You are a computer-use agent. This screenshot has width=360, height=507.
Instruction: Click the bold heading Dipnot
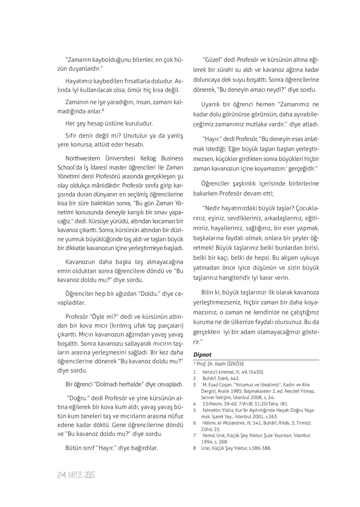[x=202, y=355]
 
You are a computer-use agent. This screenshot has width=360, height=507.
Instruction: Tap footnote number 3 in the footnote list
[x=195, y=385]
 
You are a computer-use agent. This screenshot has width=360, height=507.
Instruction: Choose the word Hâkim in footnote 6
[x=209, y=423]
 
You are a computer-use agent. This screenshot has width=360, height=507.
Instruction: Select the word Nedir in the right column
[x=213, y=208]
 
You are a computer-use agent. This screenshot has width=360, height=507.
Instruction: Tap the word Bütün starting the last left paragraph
[x=73, y=448]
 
